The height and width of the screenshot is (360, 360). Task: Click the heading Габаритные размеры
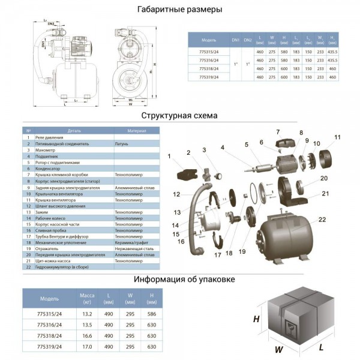[179, 10]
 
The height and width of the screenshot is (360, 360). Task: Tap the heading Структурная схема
[179, 116]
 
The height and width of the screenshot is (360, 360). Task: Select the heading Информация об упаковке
[179, 279]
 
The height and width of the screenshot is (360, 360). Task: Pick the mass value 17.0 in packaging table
[86, 346]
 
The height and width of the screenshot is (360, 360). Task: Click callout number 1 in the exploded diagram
[169, 157]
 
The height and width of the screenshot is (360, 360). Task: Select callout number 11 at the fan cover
[337, 137]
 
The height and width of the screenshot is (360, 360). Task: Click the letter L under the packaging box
[322, 347]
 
